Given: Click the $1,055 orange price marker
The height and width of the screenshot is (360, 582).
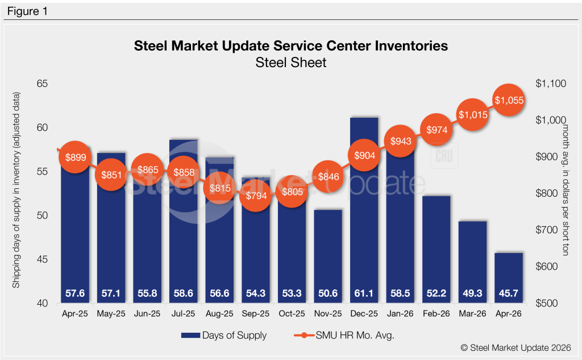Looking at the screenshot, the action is click(x=509, y=100).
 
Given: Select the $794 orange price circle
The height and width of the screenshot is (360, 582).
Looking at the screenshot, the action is click(x=256, y=196).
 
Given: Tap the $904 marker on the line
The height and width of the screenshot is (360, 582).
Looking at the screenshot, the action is click(x=364, y=155).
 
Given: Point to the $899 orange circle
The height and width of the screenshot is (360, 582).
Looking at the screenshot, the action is click(x=76, y=157).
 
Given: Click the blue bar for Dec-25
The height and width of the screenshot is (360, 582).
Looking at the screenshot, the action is click(x=364, y=210).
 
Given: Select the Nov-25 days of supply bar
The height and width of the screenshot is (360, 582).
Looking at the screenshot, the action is click(x=328, y=256).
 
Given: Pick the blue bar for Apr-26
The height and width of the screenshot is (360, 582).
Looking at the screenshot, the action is click(x=509, y=278).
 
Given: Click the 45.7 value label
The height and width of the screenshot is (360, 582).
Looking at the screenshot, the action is click(x=509, y=293).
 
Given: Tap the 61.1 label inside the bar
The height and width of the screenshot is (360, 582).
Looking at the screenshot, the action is click(x=364, y=293).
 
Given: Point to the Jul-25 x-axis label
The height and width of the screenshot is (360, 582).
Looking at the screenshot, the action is click(x=184, y=313).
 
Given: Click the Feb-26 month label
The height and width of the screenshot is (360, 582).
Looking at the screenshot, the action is click(x=436, y=313).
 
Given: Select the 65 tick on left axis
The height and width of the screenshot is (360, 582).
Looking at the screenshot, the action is click(x=42, y=84).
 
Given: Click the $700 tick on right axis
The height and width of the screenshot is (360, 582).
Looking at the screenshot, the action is click(x=546, y=230).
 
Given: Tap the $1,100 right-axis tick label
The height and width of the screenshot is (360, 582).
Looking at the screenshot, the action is click(x=551, y=84).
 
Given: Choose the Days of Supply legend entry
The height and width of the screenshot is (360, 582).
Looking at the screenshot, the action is click(x=224, y=335).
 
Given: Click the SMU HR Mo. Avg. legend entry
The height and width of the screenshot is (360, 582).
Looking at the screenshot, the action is click(x=344, y=335).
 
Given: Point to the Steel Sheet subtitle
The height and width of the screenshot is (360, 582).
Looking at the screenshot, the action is click(x=291, y=63).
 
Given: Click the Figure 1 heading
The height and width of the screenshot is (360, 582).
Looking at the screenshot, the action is click(x=27, y=11).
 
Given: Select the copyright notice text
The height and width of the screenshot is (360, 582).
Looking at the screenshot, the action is click(x=516, y=347).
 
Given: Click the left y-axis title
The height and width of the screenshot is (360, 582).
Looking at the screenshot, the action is click(x=16, y=190).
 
